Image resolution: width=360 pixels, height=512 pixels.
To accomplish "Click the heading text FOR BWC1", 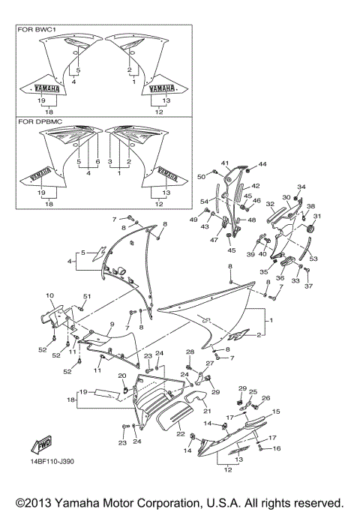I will point(35,30).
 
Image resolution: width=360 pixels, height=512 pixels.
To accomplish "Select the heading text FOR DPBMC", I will point(38,120).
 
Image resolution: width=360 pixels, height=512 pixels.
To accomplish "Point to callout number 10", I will point(49,296).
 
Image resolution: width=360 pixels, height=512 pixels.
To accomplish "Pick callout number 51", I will point(85,297).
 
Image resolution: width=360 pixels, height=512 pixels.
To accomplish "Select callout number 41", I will point(224,163).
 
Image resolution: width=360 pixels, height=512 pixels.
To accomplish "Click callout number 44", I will point(262,163).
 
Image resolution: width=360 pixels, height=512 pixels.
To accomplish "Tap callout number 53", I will point(313,258).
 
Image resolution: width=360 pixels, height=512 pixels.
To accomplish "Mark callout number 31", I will point(316,217).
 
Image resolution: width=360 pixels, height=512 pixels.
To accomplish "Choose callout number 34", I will point(301,187).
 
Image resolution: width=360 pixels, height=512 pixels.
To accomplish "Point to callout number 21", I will point(208,412).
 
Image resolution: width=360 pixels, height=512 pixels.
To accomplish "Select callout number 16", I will point(276,448).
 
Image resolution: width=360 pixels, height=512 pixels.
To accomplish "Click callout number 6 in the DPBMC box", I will point(97,162).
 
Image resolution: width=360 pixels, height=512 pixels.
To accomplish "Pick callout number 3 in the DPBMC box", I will point(110,162).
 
